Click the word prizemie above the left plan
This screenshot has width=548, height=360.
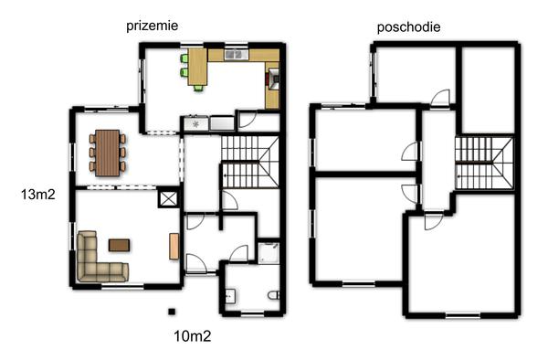pyautogui.click(x=152, y=26)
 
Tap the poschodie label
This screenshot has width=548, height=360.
pyautogui.click(x=408, y=27)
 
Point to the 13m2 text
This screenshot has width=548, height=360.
pyautogui.click(x=38, y=195)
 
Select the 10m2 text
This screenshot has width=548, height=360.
pyautogui.click(x=193, y=336)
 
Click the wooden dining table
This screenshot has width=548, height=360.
pyautogui.click(x=107, y=153)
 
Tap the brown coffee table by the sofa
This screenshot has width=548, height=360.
pyautogui.click(x=119, y=245)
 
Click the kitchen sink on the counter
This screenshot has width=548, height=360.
pyautogui.click(x=237, y=55)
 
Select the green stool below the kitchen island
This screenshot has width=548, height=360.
pyautogui.click(x=198, y=88)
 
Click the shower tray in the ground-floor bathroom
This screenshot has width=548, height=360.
pyautogui.click(x=269, y=253)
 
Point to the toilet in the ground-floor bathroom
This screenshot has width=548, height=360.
pyautogui.click(x=274, y=295)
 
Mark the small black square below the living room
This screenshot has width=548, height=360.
pyautogui.click(x=172, y=312)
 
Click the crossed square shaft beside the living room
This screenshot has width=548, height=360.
pyautogui.click(x=168, y=199)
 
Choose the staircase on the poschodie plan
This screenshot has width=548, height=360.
pyautogui.click(x=484, y=164)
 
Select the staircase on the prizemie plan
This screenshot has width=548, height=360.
pyautogui.click(x=250, y=162)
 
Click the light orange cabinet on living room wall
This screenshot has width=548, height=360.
pyautogui.click(x=174, y=247)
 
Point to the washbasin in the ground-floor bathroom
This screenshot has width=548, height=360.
pyautogui.click(x=230, y=296)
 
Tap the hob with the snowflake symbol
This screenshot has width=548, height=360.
pyautogui.click(x=196, y=123)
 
